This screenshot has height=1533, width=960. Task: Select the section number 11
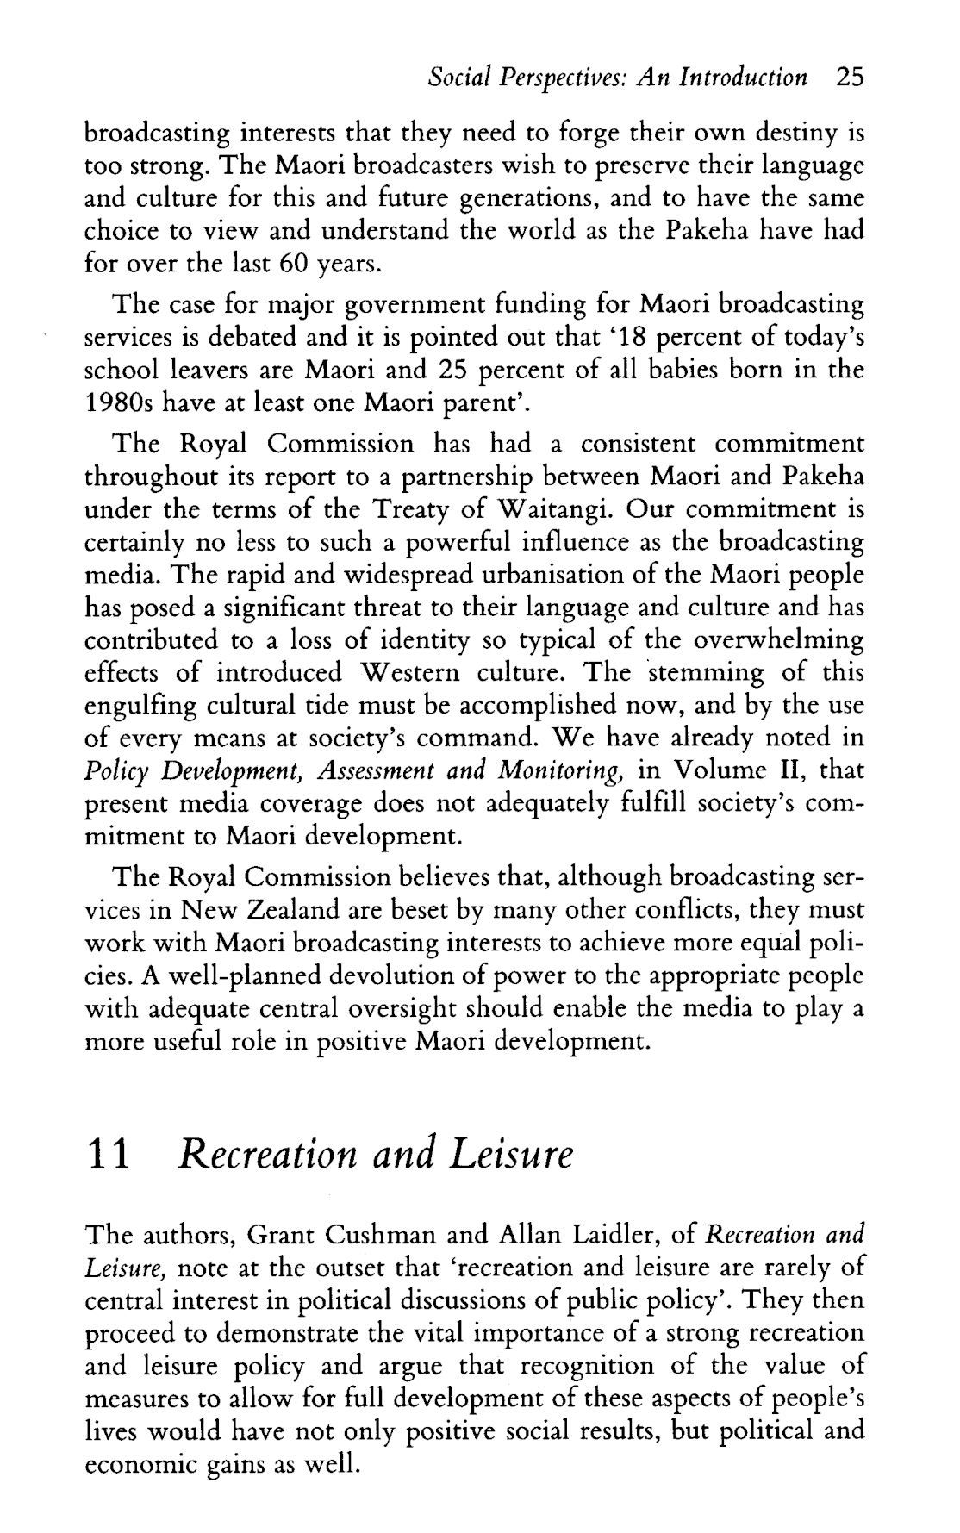click(x=109, y=1155)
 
